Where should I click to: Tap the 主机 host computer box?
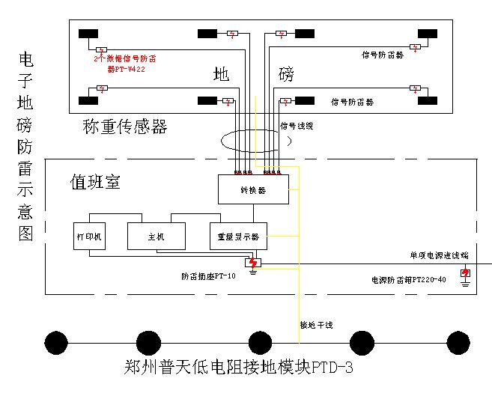click(x=156, y=236)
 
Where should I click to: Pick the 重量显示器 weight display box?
click(x=238, y=236)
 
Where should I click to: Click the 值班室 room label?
click(x=95, y=182)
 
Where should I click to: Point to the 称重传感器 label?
click(x=125, y=127)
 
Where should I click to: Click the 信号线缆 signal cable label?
click(x=297, y=127)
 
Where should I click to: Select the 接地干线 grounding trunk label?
click(x=316, y=325)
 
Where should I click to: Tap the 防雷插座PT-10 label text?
click(x=208, y=276)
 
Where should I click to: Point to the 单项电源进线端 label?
click(x=438, y=255)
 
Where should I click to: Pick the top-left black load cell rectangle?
click(x=89, y=34)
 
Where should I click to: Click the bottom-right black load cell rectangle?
click(x=428, y=100)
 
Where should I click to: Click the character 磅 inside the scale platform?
click(x=287, y=75)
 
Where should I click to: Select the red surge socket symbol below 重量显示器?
click(x=253, y=263)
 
